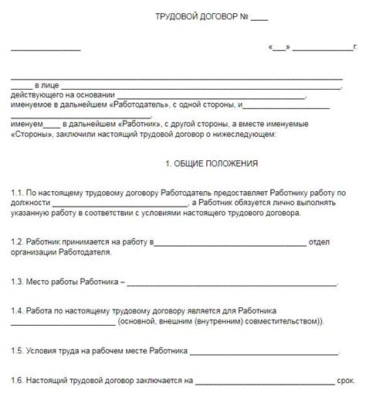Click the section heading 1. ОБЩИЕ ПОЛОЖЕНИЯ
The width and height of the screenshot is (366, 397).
[212, 164]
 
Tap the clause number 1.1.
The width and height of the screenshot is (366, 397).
[16, 191]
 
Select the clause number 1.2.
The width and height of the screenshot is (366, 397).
[16, 242]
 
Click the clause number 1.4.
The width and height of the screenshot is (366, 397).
[16, 310]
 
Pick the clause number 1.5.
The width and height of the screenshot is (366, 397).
[16, 351]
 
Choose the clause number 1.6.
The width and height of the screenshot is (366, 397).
[16, 382]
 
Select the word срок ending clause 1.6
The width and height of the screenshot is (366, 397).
[345, 382]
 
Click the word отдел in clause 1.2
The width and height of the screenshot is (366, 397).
[320, 242]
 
